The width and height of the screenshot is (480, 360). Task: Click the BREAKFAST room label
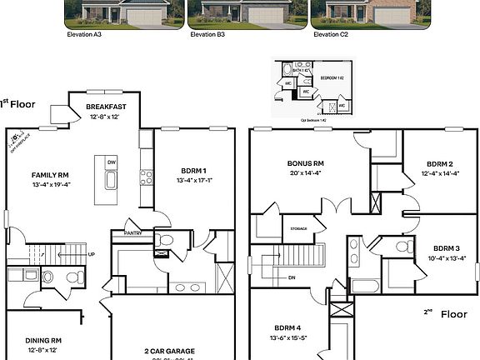click(106, 107)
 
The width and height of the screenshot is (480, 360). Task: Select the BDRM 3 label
click(447, 247)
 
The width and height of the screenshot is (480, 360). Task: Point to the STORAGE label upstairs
click(298, 228)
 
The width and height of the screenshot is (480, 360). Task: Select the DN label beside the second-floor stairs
click(292, 277)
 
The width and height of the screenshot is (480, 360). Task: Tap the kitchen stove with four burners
click(146, 176)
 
